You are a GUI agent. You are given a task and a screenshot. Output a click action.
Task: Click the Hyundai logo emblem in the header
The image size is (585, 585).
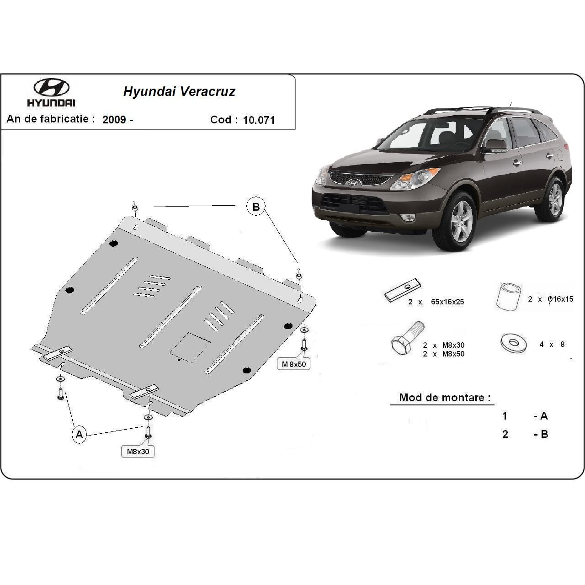[x=51, y=87]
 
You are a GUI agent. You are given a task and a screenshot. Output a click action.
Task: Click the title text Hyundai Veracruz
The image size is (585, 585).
[x=179, y=91]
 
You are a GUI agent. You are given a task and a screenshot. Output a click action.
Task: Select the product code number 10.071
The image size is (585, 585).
[x=259, y=120]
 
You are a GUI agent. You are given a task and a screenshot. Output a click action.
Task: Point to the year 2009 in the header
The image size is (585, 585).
[x=114, y=120]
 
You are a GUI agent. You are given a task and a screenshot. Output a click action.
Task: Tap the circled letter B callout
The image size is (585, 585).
[x=256, y=207]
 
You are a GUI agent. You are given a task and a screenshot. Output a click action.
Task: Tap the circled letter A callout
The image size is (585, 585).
[x=79, y=434]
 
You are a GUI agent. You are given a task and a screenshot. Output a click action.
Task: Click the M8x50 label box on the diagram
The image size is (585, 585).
[x=293, y=364]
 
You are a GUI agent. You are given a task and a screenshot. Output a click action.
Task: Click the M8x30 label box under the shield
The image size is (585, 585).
[x=138, y=452]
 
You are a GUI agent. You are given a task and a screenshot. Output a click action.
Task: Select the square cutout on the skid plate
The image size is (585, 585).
[x=190, y=347]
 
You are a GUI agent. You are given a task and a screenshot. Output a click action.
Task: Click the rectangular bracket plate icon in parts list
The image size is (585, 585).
[x=402, y=290]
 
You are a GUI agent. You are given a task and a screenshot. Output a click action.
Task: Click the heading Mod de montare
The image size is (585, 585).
[x=441, y=397]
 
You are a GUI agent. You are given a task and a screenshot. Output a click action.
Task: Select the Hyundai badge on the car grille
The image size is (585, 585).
[x=353, y=182]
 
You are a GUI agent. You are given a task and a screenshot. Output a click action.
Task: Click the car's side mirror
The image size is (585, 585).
[x=495, y=146]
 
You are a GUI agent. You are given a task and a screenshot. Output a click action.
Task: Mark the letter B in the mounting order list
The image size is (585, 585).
[x=544, y=434]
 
